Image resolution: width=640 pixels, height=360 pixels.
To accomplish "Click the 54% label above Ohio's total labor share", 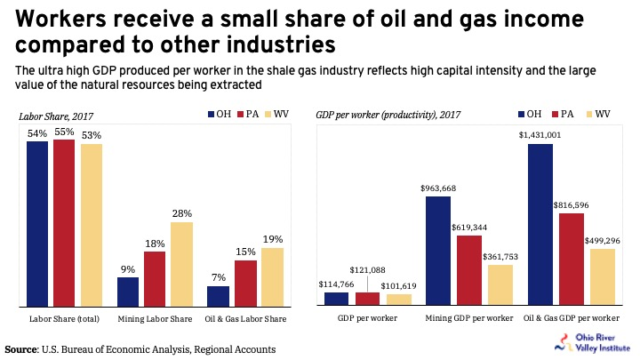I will pyautogui.click(x=37, y=133).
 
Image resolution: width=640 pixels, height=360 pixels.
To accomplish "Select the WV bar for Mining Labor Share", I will pyautogui.click(x=182, y=263).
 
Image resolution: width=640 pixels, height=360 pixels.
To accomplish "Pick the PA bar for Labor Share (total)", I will pyautogui.click(x=64, y=222).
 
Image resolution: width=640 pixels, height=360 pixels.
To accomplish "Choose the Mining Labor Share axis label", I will pyautogui.click(x=156, y=317).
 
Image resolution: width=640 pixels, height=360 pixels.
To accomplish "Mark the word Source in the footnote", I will pyautogui.click(x=26, y=348).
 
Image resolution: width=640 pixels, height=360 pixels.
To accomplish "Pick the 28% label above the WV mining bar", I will pyautogui.click(x=182, y=213).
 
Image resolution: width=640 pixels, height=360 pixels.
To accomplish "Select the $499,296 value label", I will pyautogui.click(x=602, y=240).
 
